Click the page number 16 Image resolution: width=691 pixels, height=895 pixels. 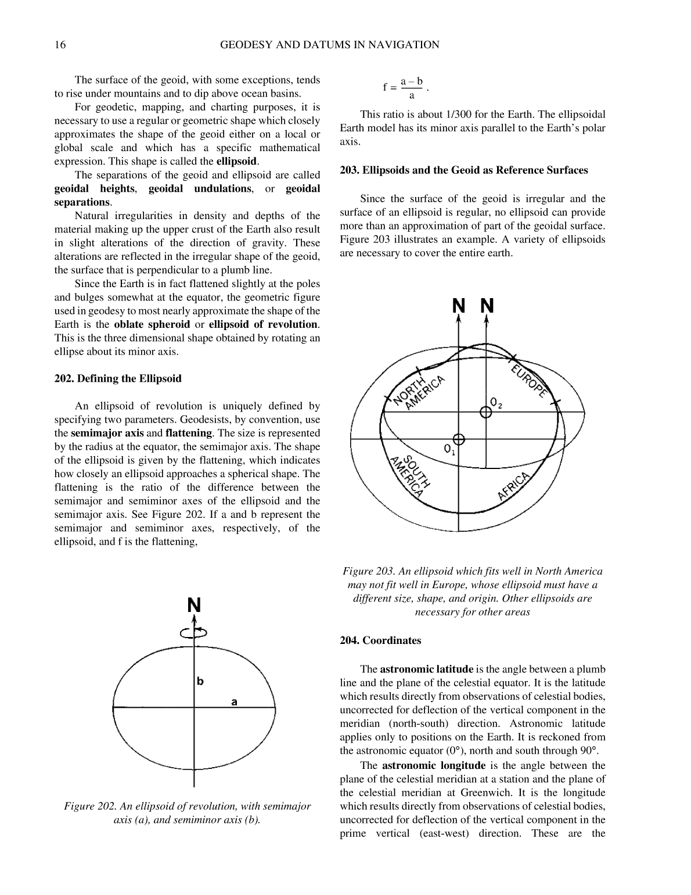point(60,45)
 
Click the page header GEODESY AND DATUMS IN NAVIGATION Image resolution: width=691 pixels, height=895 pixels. point(330,45)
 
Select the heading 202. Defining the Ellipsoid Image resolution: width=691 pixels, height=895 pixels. point(118,379)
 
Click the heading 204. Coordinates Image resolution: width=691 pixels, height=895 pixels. point(380,640)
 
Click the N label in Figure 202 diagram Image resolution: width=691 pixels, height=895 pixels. point(194,606)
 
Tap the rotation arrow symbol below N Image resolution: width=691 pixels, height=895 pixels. point(194,633)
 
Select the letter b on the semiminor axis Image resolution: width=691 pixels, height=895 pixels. point(200,681)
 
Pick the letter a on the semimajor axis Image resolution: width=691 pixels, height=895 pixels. point(234,702)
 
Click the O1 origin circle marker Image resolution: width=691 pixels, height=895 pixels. point(459,438)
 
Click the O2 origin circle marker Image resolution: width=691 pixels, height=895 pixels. point(486,411)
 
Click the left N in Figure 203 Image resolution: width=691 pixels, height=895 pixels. point(459,306)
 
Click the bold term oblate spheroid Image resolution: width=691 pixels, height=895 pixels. point(152,324)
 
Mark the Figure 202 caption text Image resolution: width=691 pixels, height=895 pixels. point(187,813)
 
